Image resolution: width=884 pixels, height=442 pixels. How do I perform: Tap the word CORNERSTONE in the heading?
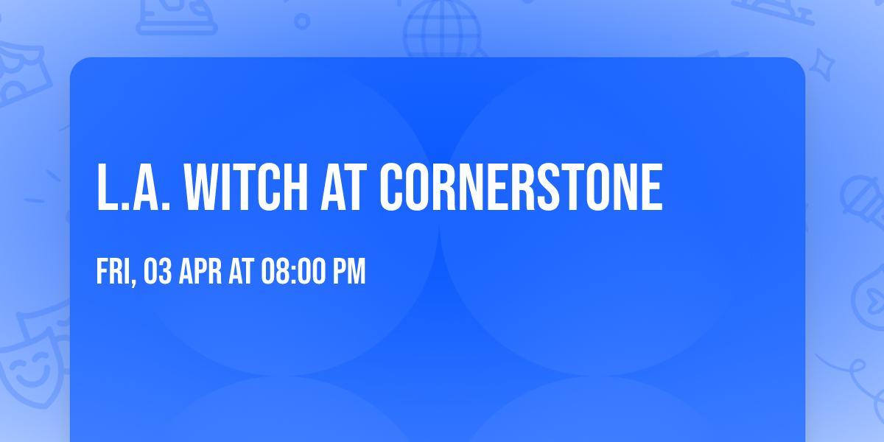(521, 188)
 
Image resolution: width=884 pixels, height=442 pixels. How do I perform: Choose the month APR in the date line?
(201, 272)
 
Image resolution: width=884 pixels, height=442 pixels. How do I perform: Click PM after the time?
(349, 272)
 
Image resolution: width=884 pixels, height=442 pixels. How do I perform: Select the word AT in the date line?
(241, 272)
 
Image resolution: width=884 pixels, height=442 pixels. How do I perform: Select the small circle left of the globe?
(302, 21)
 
